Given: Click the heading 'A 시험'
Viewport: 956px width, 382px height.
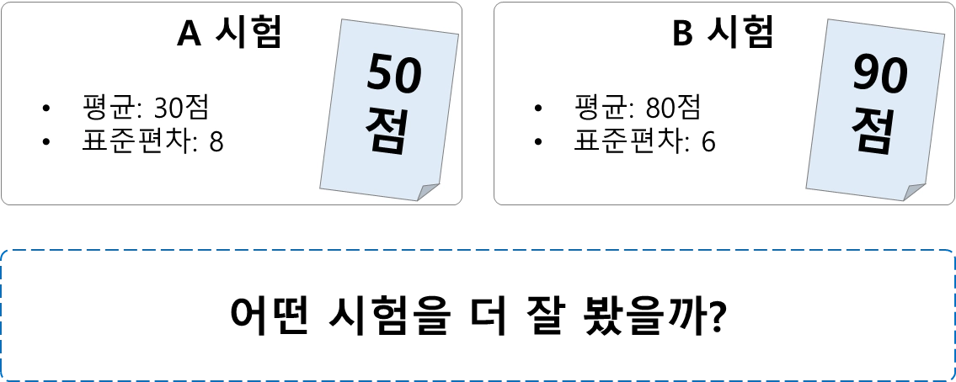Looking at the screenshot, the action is coord(228,34).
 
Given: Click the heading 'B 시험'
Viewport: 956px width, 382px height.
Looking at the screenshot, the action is coord(722,34).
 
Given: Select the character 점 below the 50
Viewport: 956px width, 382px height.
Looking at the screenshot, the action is coord(387,130).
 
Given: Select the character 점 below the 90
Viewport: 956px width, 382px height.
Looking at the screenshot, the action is coord(872,130).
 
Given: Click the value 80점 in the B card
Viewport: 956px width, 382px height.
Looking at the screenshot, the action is coord(673,108).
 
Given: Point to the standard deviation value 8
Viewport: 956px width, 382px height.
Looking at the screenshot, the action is coord(216,141).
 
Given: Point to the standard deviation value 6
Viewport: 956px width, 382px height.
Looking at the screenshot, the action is coord(708,141).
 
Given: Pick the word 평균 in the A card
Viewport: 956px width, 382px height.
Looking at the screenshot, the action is coord(109,108).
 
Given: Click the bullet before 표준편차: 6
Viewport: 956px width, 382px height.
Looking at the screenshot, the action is coord(538,141).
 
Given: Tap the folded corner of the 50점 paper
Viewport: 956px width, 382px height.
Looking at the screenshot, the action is coord(427,191).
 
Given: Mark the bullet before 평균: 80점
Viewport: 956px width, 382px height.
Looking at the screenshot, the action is coord(538,109).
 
